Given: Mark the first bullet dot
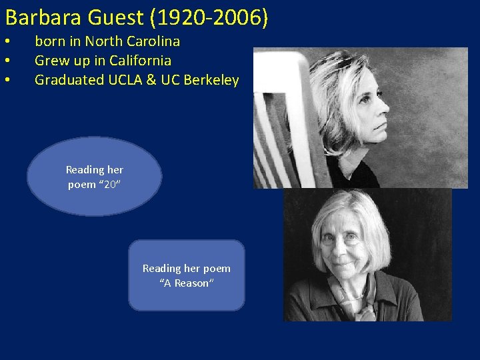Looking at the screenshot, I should [x=6, y=42].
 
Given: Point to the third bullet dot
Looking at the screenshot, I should [x=6, y=81].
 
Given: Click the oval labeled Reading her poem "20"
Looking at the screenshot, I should [x=94, y=176].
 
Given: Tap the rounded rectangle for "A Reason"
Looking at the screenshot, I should [x=187, y=275].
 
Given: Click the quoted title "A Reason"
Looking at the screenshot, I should [x=187, y=283].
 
